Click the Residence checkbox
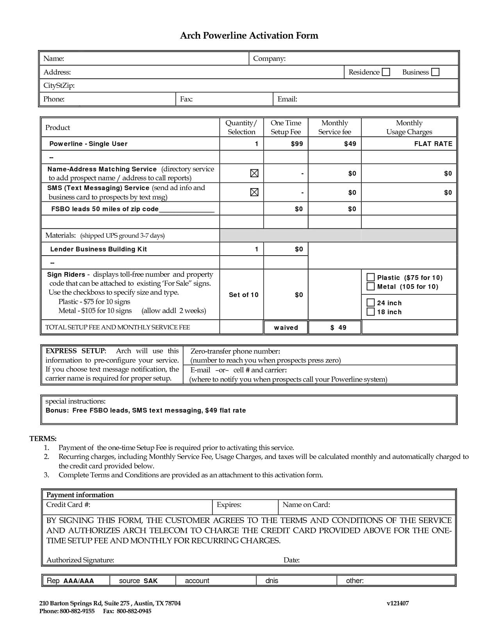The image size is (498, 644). [x=386, y=72]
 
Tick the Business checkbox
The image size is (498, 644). [x=435, y=72]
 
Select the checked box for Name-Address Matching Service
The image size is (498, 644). [x=254, y=173]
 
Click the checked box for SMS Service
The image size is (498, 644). [x=254, y=192]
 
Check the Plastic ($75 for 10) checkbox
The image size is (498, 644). [x=371, y=278]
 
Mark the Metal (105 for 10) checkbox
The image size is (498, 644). [x=371, y=286]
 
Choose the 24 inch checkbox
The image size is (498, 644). [x=371, y=302]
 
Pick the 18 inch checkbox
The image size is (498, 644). [x=371, y=311]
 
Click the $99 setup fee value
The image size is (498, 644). [x=297, y=144]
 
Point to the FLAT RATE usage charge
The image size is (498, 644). [x=433, y=144]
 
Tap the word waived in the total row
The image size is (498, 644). [x=286, y=327]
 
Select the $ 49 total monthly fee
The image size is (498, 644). [x=338, y=327]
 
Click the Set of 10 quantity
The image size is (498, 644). [x=244, y=295]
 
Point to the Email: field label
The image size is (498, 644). [x=287, y=99]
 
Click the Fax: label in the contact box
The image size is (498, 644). [x=186, y=99]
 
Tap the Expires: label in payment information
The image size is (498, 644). [x=229, y=505]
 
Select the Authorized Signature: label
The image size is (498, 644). [x=80, y=560]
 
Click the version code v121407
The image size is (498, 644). [x=398, y=603]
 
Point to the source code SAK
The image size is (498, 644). [x=150, y=581]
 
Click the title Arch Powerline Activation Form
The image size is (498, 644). [x=249, y=36]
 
